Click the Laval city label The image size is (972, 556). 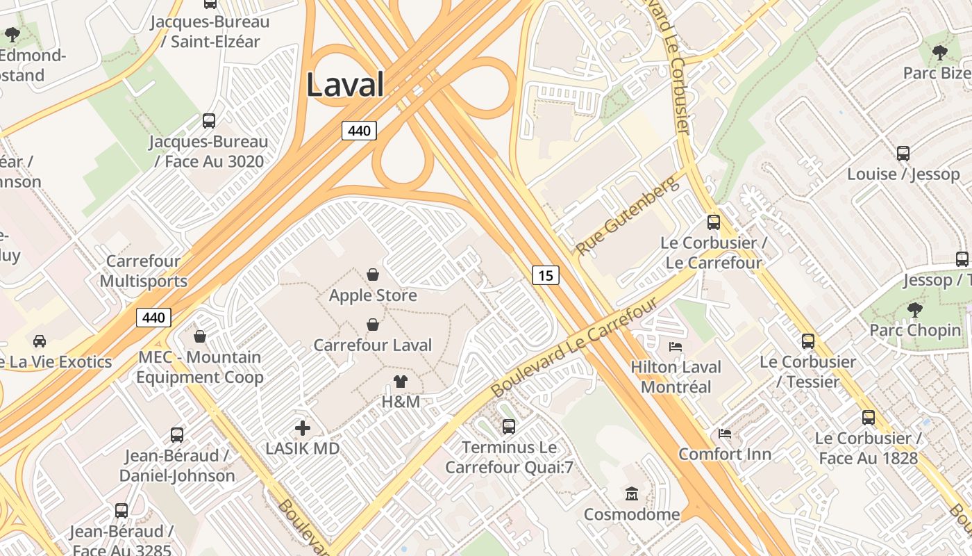[345, 85]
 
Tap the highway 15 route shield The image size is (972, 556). [546, 276]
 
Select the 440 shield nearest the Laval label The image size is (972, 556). [359, 130]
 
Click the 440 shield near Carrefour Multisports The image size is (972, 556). [153, 318]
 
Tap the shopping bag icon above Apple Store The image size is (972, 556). [373, 275]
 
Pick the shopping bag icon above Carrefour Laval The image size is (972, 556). [373, 325]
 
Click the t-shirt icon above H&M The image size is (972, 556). [401, 381]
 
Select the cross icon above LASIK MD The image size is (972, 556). [303, 428]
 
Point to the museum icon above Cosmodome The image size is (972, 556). [632, 494]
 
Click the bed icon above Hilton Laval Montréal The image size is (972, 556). [676, 346]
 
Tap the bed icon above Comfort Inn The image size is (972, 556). [725, 434]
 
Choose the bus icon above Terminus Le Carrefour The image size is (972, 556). [509, 426]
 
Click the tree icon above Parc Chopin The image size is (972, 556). [915, 309]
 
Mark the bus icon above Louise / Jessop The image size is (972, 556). [903, 154]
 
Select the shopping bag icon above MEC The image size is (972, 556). [200, 336]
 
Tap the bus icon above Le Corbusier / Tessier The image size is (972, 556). [808, 341]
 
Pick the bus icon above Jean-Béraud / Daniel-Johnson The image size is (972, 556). [177, 435]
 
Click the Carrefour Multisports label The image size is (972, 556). [144, 271]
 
